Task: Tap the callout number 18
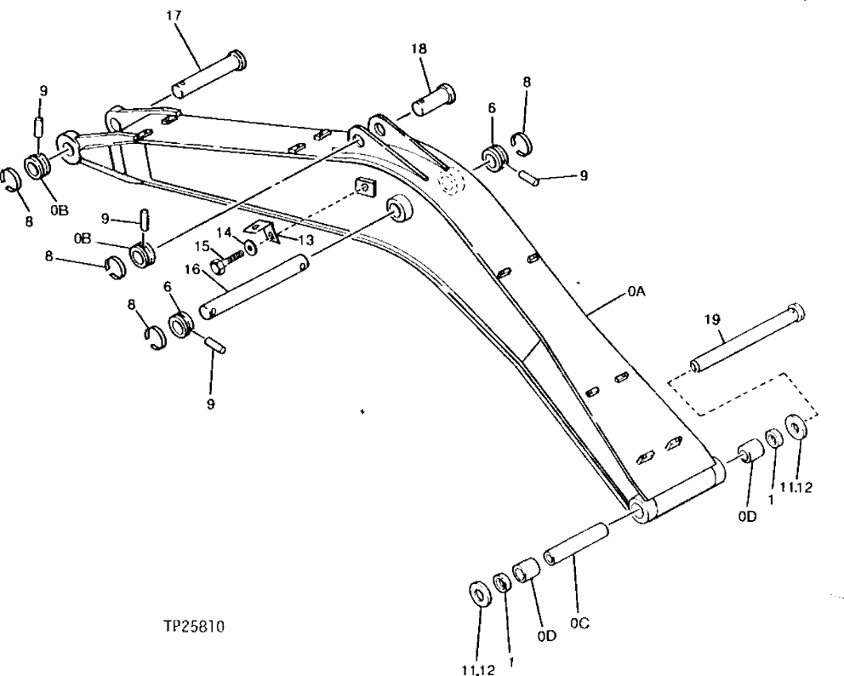click(419, 49)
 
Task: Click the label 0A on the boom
click(636, 291)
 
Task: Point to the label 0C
click(580, 622)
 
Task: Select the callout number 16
click(192, 270)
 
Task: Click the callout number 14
click(224, 232)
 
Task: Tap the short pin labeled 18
click(434, 98)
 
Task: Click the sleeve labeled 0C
click(576, 543)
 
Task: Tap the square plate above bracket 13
click(365, 186)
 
